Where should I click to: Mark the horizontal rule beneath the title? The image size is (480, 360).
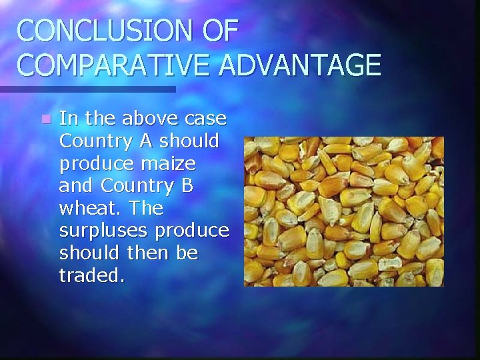[87, 89]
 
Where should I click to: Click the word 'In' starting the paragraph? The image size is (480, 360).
[68, 119]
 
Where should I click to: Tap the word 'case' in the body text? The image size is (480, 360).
[205, 121]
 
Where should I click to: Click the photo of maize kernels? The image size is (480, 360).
[343, 211]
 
